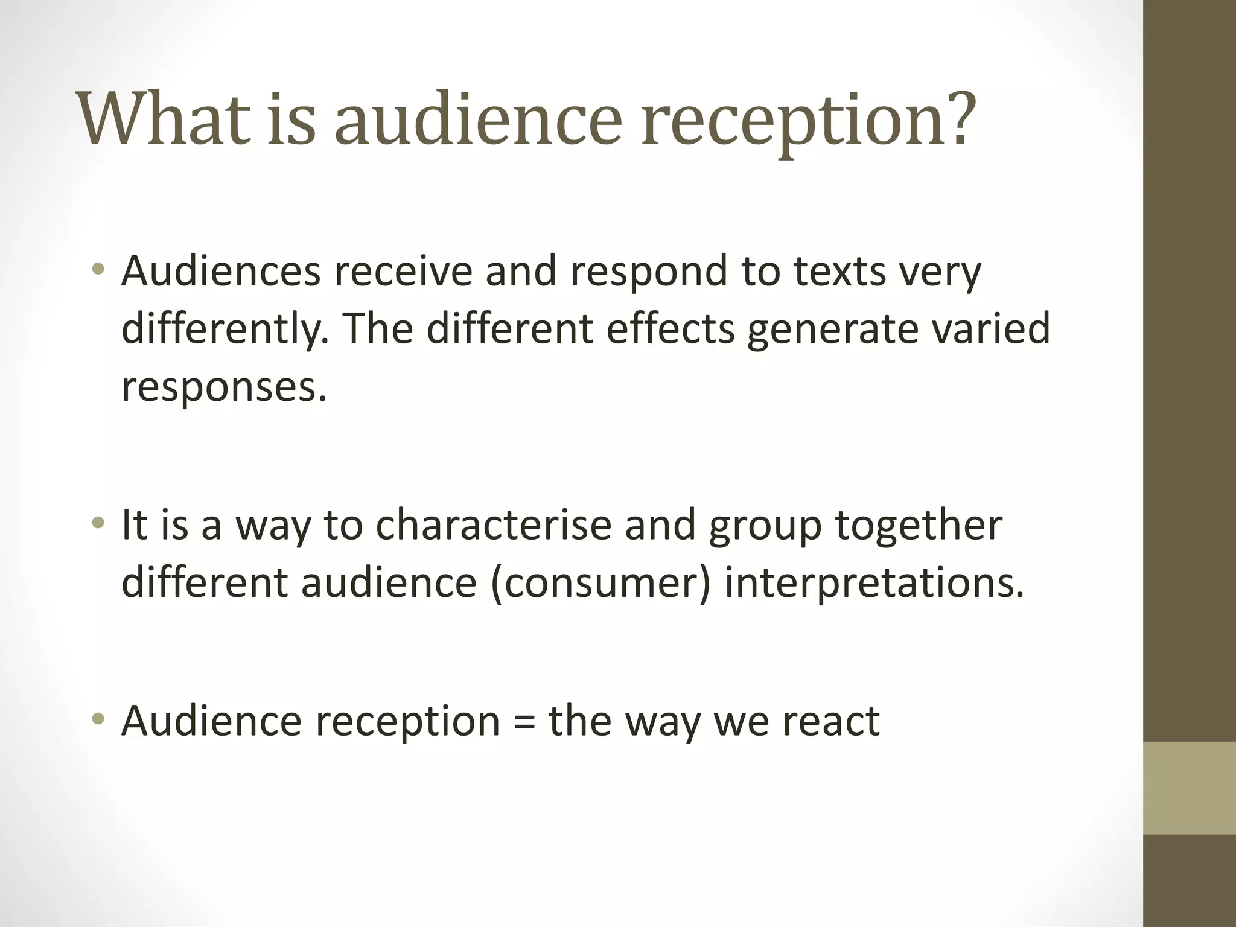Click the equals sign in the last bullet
[524, 722]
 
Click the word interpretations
[874, 584]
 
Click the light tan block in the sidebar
[1189, 787]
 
